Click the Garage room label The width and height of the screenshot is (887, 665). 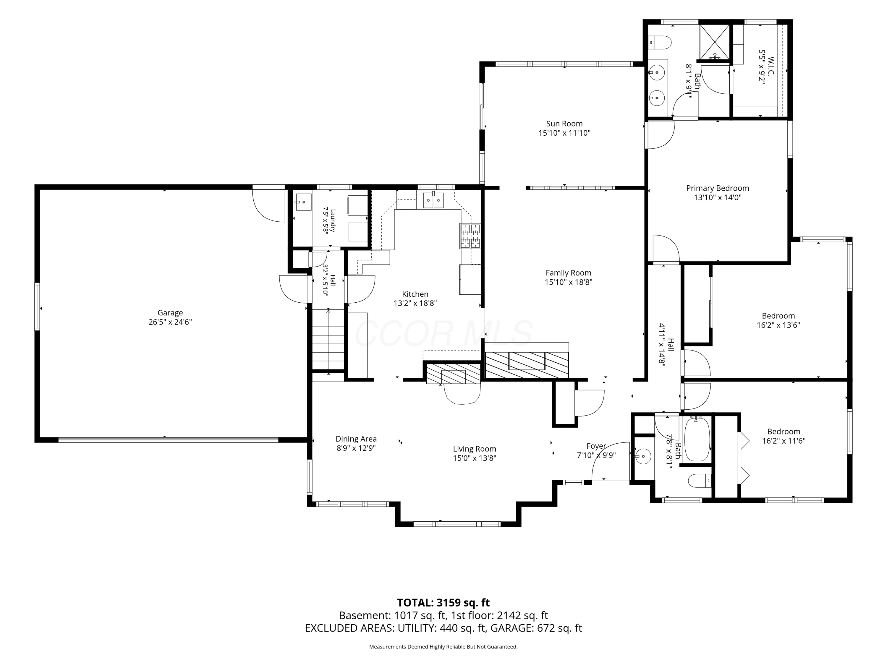coord(170,313)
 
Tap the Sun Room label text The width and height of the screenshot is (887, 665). coord(564,124)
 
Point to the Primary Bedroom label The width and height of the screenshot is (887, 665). coord(717,188)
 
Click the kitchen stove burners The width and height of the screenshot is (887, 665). coord(470,236)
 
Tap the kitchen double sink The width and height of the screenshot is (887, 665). coord(433,200)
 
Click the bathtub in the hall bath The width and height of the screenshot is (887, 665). coord(697,439)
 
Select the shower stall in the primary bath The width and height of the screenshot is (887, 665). coord(715,42)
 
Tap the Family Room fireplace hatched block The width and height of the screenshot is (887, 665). coord(527,364)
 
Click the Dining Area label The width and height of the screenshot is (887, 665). coord(356,439)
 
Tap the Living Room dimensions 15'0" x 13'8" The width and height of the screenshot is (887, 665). coord(475,458)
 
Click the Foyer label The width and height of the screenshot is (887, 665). coord(596,446)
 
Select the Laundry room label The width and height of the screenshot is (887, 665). coord(332,221)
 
